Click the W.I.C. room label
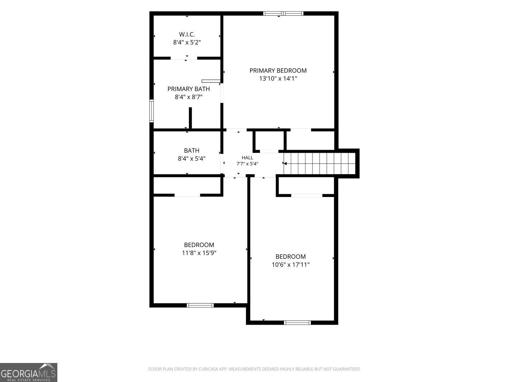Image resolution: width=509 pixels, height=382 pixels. coord(187,35)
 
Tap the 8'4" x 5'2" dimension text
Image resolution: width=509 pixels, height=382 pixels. coord(187,42)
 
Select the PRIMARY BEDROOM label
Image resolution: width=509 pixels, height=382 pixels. coord(278,71)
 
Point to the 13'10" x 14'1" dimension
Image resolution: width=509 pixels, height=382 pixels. coord(278,78)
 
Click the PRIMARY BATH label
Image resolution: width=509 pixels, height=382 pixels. coord(189,89)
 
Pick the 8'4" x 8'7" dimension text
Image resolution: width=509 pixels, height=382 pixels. coord(189,97)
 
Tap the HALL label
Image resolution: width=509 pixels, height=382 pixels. coord(247,158)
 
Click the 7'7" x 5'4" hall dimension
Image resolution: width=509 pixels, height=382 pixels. coord(247,164)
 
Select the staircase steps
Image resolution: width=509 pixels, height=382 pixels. coord(320,163)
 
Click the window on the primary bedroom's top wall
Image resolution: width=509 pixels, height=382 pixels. coord(283,14)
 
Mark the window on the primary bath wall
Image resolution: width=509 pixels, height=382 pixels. coord(151,111)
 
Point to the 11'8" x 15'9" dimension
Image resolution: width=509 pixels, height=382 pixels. coord(199,253)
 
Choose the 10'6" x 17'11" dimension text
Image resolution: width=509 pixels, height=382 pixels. coord(290,265)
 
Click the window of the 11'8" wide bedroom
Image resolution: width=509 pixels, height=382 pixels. coord(200,305)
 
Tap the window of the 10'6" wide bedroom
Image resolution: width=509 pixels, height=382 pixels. coord(297,323)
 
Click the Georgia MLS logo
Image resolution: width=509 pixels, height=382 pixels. coord(29,372)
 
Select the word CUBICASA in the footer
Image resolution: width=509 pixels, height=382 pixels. coord(208,369)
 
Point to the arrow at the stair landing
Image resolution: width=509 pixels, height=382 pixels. coord(285,164)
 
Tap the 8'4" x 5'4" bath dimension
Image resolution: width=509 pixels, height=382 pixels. coord(191,159)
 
